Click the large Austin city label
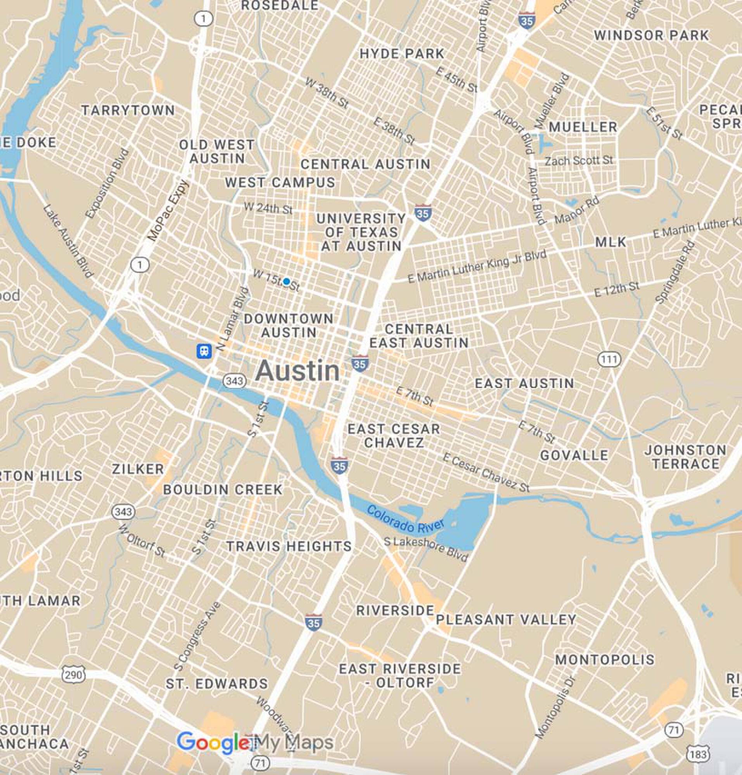click(297, 371)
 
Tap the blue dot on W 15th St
click(287, 281)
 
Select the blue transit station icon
click(204, 351)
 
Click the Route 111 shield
click(609, 359)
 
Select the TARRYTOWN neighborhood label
click(128, 110)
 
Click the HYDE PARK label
click(402, 54)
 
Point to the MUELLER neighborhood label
click(583, 127)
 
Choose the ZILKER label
click(138, 469)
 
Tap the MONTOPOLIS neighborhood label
click(605, 660)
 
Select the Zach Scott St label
click(579, 160)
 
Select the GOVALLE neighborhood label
click(574, 455)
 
